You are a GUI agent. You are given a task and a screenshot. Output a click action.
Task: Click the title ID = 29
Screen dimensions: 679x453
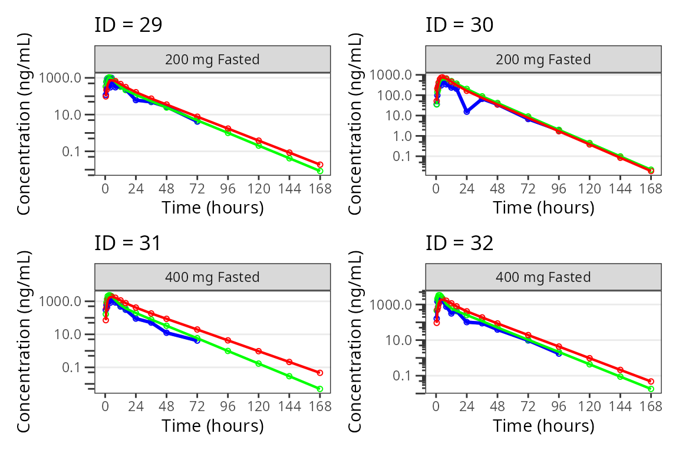[128, 25]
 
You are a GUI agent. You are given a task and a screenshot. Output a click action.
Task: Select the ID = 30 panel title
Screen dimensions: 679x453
[460, 25]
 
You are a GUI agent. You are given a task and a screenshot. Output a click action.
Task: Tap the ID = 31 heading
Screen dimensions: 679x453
[128, 243]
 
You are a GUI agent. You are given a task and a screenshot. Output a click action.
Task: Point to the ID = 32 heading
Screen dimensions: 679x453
[460, 243]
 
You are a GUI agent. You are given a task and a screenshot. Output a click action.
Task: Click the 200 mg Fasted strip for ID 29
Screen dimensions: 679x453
[213, 59]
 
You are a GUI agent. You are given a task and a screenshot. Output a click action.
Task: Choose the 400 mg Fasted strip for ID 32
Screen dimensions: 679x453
[543, 277]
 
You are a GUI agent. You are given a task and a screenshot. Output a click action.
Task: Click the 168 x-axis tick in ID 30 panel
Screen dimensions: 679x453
[651, 189]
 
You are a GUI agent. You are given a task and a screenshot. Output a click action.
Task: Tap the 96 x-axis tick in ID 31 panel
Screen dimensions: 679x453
[228, 406]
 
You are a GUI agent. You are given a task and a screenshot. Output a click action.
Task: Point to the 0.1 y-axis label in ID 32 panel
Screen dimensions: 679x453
[403, 375]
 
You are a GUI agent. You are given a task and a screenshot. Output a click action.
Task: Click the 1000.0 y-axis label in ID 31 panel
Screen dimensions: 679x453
[60, 301]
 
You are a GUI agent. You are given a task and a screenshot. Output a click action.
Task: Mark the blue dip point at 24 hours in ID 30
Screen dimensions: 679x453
[467, 111]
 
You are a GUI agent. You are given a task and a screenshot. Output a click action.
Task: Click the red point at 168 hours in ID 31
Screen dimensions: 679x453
[320, 373]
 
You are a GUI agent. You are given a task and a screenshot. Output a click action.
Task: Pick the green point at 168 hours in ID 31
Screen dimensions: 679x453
[320, 389]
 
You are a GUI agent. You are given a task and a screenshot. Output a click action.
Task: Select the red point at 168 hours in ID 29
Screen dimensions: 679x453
[320, 165]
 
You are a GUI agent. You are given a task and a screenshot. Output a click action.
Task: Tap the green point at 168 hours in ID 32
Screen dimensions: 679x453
[651, 389]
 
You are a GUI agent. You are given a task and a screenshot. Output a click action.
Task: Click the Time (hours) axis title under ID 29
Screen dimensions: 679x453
[213, 208]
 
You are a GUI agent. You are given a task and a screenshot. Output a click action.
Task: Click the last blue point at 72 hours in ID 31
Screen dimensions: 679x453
[197, 341]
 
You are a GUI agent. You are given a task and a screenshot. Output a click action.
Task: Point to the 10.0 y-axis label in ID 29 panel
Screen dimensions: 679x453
[68, 115]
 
